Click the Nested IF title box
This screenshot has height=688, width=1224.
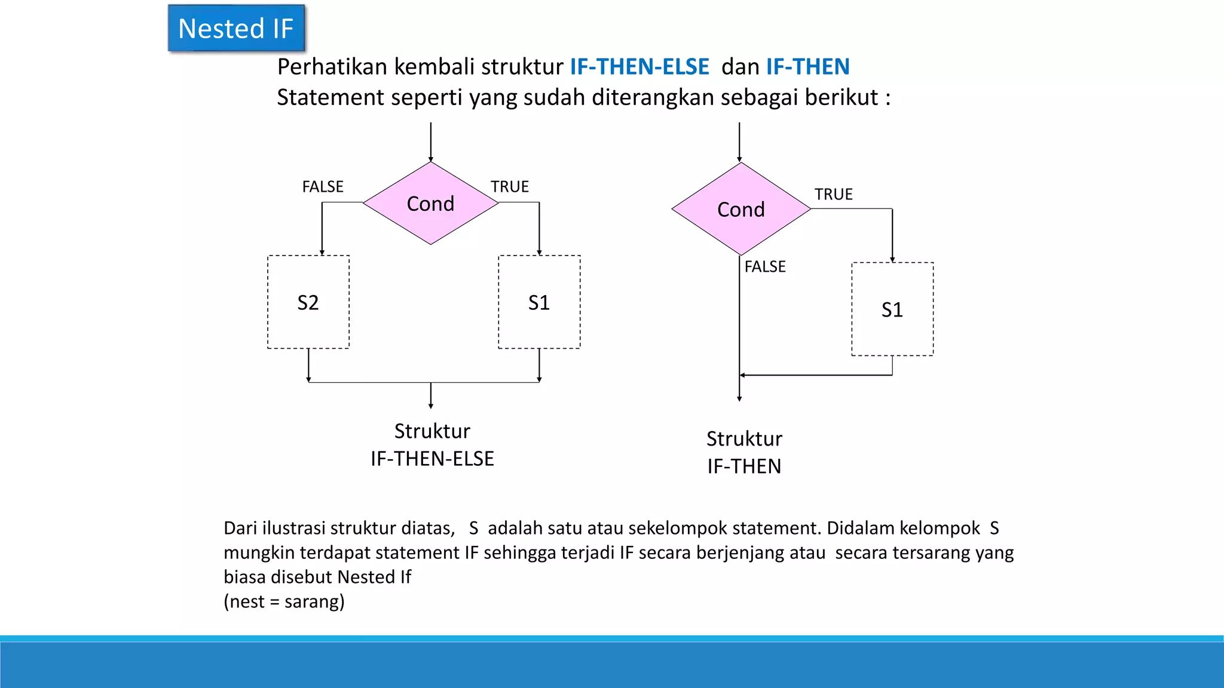236,29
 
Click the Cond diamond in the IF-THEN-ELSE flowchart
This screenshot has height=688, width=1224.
430,204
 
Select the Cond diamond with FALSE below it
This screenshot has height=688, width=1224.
741,209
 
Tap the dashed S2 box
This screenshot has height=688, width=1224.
308,302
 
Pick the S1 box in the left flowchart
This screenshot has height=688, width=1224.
539,302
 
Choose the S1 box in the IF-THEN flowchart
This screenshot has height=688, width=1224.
892,309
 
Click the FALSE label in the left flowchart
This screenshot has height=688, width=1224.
323,187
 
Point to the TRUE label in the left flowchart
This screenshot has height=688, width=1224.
510,187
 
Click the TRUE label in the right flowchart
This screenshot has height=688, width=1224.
833,195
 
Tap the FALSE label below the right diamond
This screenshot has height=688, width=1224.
765,267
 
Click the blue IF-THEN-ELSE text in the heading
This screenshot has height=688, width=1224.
639,67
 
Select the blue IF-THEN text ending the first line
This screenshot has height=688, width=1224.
807,67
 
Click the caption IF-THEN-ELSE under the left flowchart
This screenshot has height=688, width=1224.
432,459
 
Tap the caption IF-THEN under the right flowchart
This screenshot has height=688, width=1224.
744,466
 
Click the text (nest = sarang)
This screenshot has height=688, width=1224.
284,601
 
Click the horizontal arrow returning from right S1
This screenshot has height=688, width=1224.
816,375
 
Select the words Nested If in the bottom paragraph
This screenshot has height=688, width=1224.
374,577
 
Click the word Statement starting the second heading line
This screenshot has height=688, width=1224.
331,97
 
